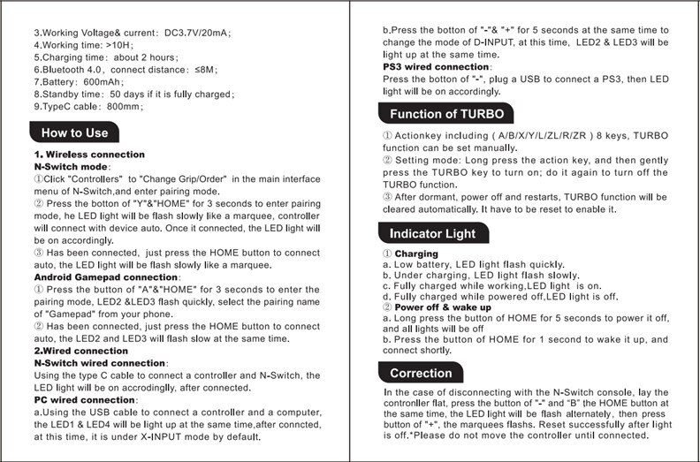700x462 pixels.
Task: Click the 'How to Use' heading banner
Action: pyautogui.click(x=75, y=133)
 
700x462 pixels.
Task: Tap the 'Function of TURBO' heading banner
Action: pyautogui.click(x=445, y=114)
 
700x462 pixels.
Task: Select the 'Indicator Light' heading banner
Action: pyautogui.click(x=432, y=234)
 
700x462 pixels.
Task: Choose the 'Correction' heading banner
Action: pyautogui.click(x=421, y=373)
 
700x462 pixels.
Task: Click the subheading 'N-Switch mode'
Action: pyautogui.click(x=71, y=166)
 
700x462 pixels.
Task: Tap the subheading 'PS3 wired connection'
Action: pyautogui.click(x=437, y=67)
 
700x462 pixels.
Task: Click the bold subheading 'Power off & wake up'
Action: pyautogui.click(x=443, y=307)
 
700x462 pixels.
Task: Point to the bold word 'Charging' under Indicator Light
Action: pyautogui.click(x=416, y=254)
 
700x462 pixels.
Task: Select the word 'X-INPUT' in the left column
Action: pyautogui.click(x=193, y=436)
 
